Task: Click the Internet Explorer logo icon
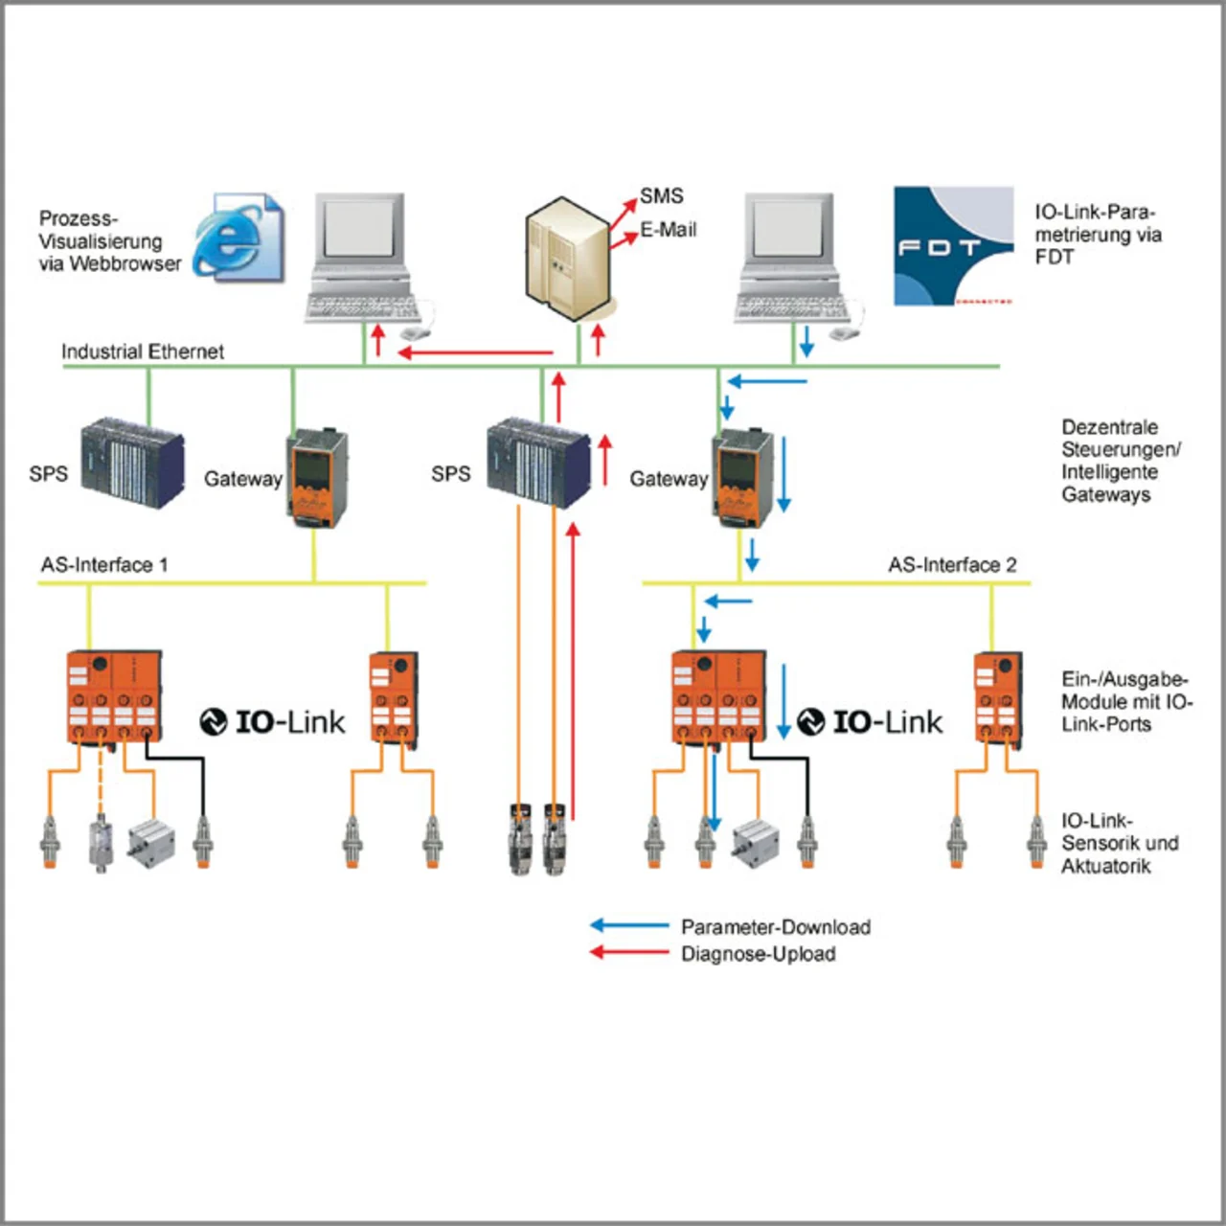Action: click(x=237, y=237)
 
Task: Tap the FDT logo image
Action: click(x=953, y=246)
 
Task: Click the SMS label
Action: click(x=662, y=196)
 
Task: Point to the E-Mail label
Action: click(x=669, y=230)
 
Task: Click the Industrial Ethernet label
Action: click(x=143, y=352)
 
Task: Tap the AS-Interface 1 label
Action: click(x=104, y=565)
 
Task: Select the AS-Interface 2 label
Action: click(x=952, y=565)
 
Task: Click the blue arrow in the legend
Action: click(x=628, y=925)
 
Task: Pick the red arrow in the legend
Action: click(x=628, y=952)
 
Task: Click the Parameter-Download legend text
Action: click(x=776, y=927)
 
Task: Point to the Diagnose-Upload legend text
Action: click(x=759, y=954)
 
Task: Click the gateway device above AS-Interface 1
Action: click(x=317, y=479)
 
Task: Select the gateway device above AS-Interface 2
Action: click(x=742, y=479)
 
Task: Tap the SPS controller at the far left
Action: click(x=132, y=462)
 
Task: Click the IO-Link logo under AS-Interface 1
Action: click(x=273, y=721)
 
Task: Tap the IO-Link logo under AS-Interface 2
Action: click(x=871, y=721)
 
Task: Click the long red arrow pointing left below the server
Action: click(x=475, y=352)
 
